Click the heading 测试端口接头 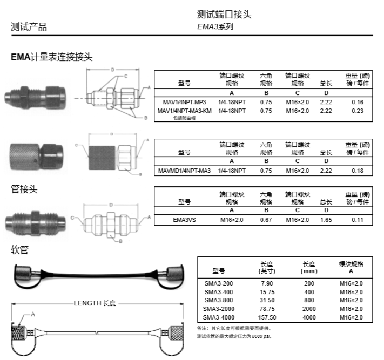(224, 14)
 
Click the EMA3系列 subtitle (215, 26)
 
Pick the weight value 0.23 (358, 111)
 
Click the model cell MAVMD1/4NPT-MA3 (185, 171)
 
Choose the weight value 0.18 (358, 171)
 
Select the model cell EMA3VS (185, 220)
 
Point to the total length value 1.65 (326, 220)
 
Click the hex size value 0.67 (266, 220)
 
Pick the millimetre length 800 (309, 300)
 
